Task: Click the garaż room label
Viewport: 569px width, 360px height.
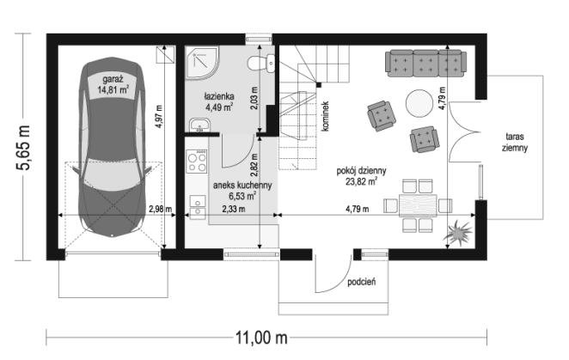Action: coord(113,79)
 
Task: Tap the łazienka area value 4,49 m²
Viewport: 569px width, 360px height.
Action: coord(219,107)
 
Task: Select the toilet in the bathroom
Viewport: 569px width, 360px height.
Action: coord(261,63)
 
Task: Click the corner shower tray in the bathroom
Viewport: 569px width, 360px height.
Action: coord(203,63)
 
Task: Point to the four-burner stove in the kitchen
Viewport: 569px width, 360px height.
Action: coord(197,162)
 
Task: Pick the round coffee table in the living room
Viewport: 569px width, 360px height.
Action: coord(419,103)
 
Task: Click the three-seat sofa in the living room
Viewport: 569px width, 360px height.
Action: coord(425,64)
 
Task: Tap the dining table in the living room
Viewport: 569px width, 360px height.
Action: coord(418,205)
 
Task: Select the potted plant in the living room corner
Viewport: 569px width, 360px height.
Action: coord(457,232)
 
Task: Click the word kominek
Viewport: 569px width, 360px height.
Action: coord(325,116)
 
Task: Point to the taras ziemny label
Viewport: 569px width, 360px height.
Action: coord(515,143)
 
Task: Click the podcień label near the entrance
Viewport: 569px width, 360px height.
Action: coord(362,282)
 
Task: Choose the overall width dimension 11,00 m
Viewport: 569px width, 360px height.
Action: coord(261,338)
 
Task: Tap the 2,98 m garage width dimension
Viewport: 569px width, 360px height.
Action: coord(160,209)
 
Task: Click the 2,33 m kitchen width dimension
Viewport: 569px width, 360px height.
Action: coord(233,209)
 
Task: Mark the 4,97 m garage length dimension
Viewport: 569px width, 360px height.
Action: coord(158,117)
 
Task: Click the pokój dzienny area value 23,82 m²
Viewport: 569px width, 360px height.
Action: coord(361,181)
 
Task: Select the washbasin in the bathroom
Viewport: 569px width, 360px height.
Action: coord(199,125)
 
